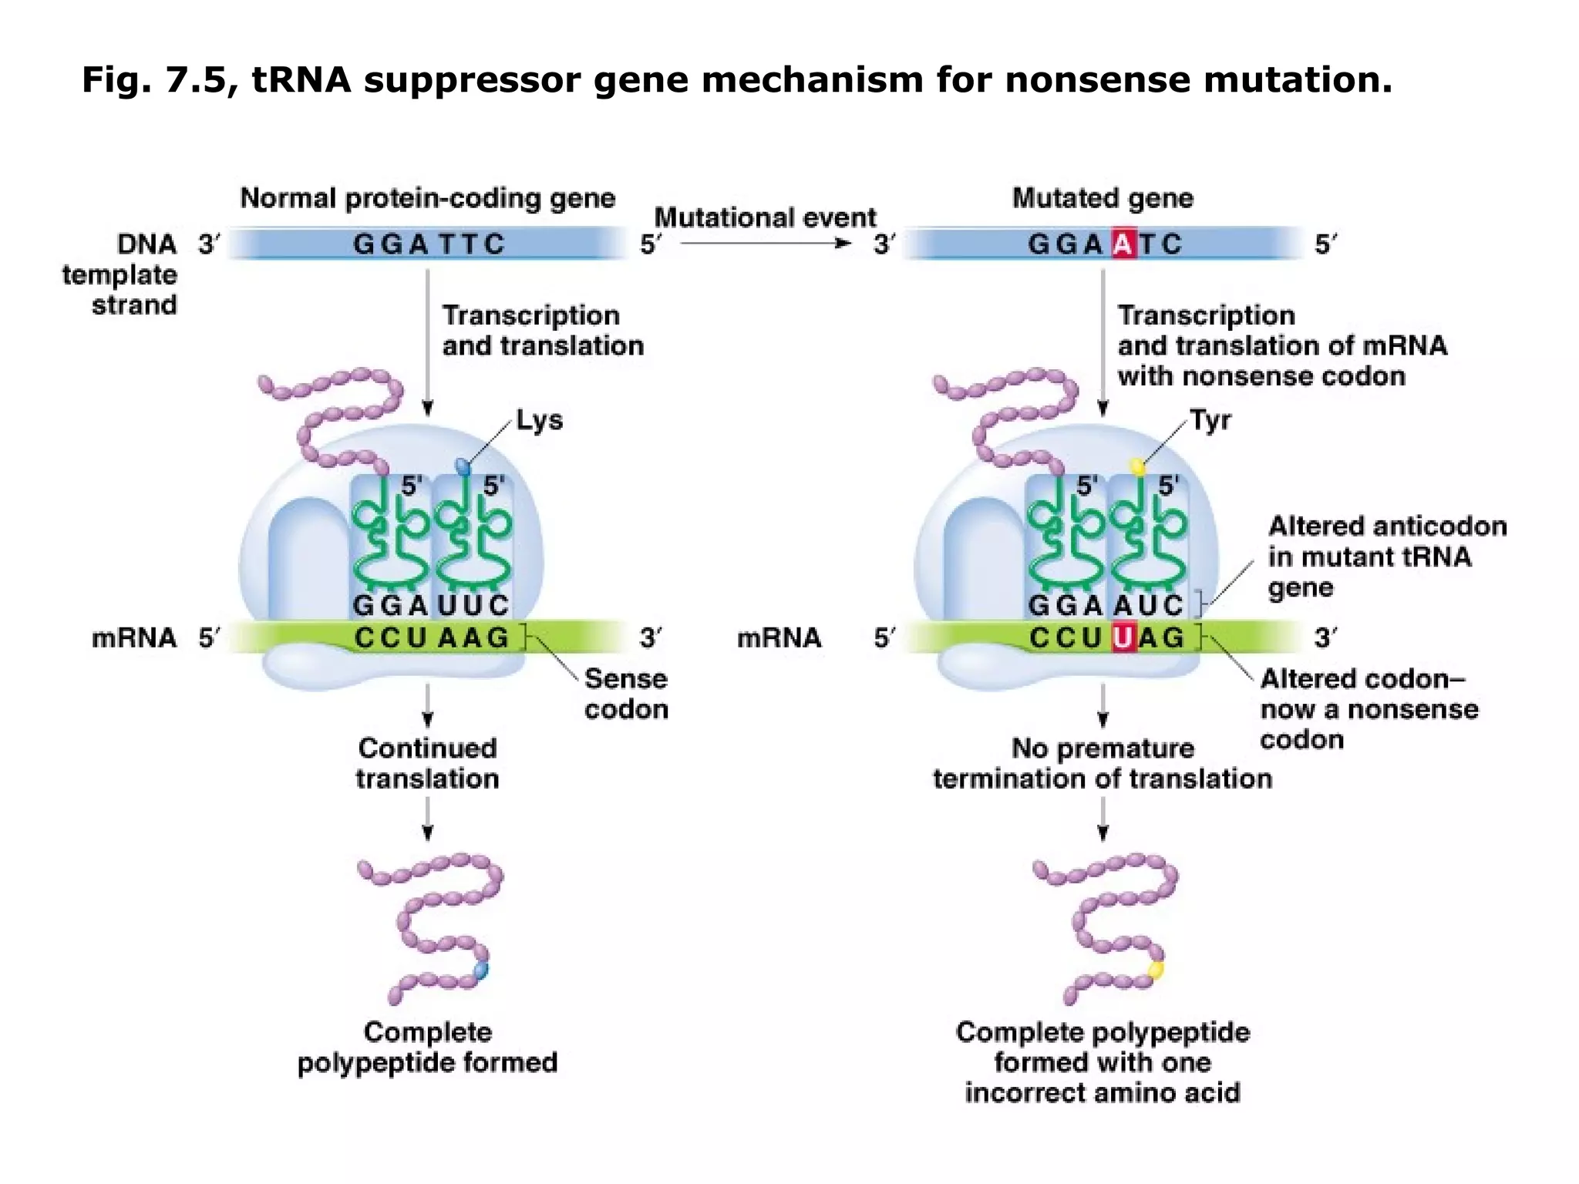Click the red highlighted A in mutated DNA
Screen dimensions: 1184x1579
coord(1123,244)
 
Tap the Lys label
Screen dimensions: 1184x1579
coord(539,421)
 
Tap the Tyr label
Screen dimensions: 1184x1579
coord(1210,421)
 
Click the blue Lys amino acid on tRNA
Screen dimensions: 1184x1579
coord(463,466)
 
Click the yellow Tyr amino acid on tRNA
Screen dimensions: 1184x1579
coord(1137,466)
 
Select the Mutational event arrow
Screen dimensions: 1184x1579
coord(766,244)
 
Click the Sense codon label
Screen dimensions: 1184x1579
coord(625,694)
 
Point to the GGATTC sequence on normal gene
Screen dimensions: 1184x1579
coord(429,244)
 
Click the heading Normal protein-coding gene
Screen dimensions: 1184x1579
coord(428,199)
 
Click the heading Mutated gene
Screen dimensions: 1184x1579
coord(1103,199)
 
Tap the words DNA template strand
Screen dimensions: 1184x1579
coord(121,275)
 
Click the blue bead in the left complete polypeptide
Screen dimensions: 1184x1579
coord(481,970)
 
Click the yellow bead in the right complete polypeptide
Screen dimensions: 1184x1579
coord(1156,970)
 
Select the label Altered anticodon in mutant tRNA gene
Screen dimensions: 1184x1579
coord(1386,557)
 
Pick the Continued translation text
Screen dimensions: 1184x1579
coord(428,763)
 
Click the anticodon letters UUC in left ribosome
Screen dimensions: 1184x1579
coord(473,605)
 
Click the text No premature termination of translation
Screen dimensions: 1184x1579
coord(1103,763)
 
